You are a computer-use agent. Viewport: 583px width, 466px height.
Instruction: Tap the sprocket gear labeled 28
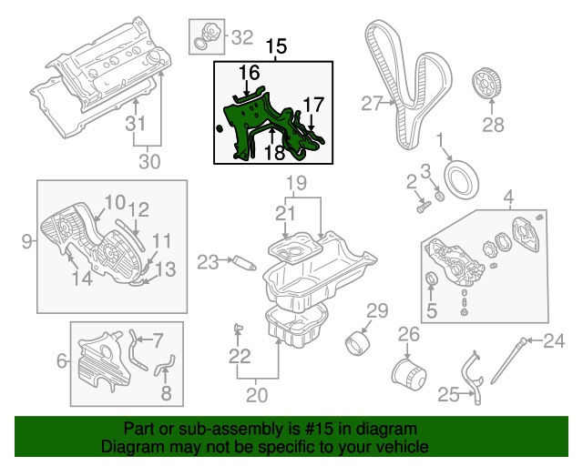(489, 86)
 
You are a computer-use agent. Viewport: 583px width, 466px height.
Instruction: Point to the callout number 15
(275, 45)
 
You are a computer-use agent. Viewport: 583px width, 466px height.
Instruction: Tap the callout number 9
(26, 241)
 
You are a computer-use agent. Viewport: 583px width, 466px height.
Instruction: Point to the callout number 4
(508, 195)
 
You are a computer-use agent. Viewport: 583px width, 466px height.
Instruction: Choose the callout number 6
(62, 361)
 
